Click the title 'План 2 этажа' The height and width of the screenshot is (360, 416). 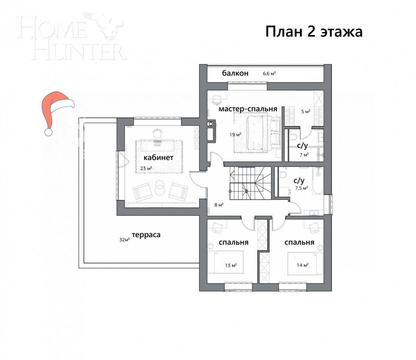pos(314,32)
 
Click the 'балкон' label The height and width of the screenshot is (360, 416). pos(235,73)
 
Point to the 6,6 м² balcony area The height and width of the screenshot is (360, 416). pos(269,73)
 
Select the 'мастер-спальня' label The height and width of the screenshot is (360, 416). pos(248,109)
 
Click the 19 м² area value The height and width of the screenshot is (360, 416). pos(235,135)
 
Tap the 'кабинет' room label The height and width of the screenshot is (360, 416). pos(158,157)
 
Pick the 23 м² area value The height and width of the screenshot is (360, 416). pos(146,168)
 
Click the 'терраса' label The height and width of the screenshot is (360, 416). pos(146,235)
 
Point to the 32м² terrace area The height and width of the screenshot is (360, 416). pos(124,239)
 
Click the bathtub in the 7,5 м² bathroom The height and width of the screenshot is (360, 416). pos(318,181)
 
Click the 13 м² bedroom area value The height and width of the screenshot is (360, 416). pos(230,265)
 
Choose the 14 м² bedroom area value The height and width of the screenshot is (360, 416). pos(302,265)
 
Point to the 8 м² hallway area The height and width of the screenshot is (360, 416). pos(219,205)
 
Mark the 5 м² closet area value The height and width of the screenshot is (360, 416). pos(306,111)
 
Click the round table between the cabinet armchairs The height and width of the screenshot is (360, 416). pos(160,188)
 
